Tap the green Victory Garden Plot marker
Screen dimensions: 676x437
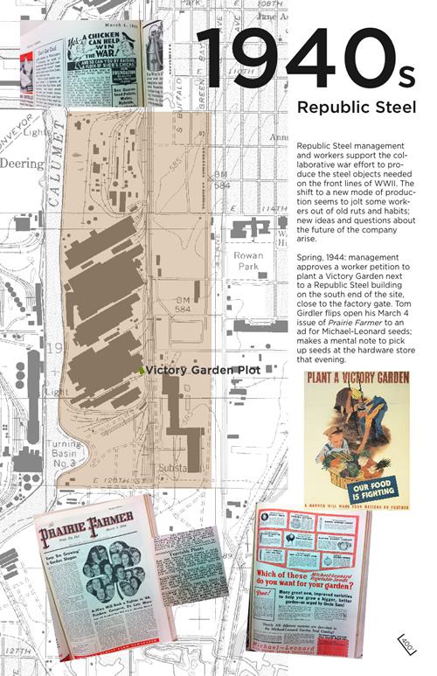tap(141, 371)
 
